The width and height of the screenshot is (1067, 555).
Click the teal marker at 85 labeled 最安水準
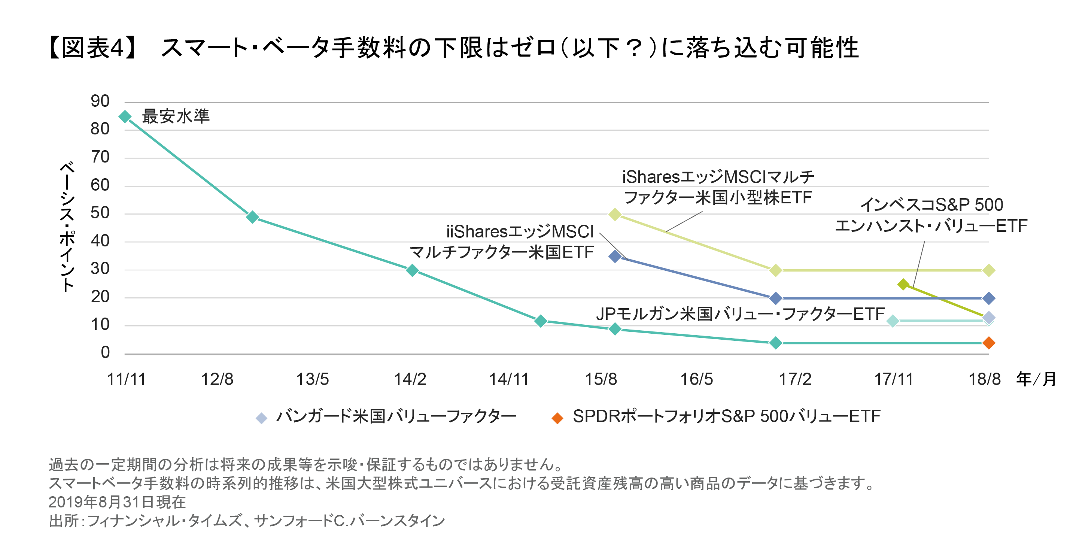click(125, 117)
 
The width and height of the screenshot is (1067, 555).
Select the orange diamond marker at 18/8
click(988, 343)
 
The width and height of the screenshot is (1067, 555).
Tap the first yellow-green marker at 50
click(615, 215)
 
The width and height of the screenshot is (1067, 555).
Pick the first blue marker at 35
click(615, 257)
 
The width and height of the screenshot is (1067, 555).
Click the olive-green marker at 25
click(903, 284)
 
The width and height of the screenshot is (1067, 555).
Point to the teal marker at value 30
click(412, 270)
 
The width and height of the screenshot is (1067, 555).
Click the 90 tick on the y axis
click(100, 101)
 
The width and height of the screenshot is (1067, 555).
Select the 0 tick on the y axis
click(105, 352)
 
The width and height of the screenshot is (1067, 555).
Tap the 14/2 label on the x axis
click(410, 379)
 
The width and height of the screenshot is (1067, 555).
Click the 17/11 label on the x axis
click(893, 379)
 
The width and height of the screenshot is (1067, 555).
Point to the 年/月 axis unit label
click(1036, 379)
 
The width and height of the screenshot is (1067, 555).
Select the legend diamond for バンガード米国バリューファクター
click(261, 418)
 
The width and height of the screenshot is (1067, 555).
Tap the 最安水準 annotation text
click(176, 116)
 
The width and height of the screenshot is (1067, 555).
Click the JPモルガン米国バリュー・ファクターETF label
click(740, 314)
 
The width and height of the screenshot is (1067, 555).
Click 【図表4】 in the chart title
click(93, 48)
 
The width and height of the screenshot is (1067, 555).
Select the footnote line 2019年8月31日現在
click(117, 502)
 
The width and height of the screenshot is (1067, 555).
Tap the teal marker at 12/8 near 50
click(252, 217)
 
